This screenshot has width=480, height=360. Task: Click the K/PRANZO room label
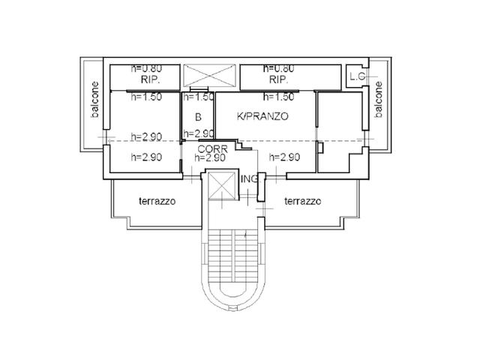262,116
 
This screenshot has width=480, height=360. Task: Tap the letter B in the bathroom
198,117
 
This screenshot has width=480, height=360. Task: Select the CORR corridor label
213,149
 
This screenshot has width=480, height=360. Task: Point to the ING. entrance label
250,179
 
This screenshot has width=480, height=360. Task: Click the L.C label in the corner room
358,76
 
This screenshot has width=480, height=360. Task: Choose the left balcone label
95,100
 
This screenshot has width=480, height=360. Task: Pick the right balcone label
379,100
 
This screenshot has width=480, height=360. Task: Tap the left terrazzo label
157,201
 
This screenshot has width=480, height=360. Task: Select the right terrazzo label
303,201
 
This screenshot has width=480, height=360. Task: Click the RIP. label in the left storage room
150,80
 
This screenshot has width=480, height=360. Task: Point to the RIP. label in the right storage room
278,80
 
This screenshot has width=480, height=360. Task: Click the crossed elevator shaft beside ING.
223,185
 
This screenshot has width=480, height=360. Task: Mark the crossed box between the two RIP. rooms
210,75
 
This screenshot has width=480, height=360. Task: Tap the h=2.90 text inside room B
198,133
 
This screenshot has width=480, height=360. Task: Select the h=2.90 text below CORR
210,157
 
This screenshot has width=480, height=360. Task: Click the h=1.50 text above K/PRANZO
278,97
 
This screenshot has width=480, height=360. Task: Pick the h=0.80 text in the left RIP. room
146,68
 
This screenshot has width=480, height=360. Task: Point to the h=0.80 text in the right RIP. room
278,68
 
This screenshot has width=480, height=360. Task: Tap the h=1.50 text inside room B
198,97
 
